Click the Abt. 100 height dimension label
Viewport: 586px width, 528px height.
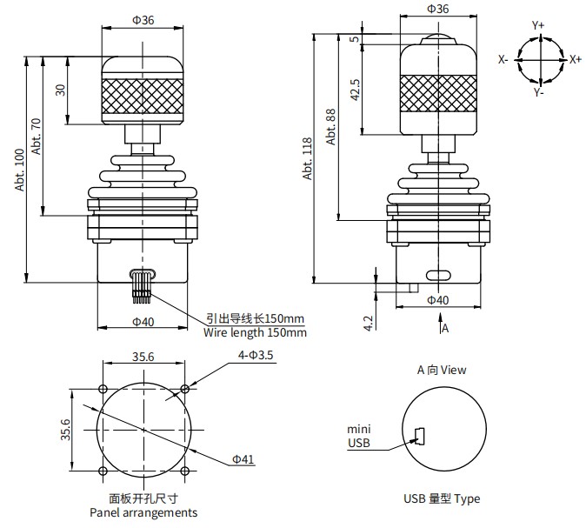click(20, 170)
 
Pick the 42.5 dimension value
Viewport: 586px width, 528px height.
click(355, 89)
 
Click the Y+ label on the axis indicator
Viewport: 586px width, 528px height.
click(538, 26)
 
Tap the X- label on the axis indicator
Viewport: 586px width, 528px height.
click(503, 59)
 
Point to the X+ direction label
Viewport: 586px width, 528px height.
click(575, 59)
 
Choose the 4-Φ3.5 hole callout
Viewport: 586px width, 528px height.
click(256, 355)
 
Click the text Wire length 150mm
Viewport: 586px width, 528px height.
click(255, 332)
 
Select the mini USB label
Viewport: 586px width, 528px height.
click(359, 437)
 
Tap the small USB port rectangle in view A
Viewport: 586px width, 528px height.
click(419, 435)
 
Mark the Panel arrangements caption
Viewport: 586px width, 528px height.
click(143, 512)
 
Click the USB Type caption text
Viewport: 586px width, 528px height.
click(441, 498)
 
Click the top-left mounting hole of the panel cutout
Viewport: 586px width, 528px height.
click(103, 389)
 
